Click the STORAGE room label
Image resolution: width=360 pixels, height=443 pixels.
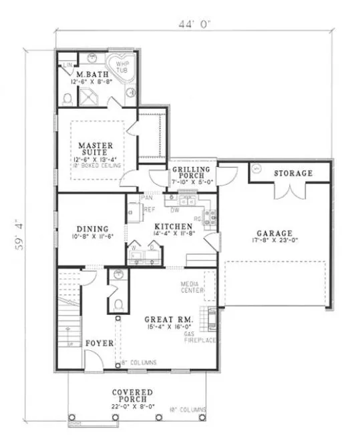pyautogui.click(x=293, y=173)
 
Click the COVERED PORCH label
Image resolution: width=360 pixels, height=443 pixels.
pyautogui.click(x=132, y=396)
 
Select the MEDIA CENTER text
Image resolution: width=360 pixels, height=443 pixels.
pyautogui.click(x=192, y=287)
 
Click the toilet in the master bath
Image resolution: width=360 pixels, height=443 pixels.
pyautogui.click(x=68, y=99)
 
